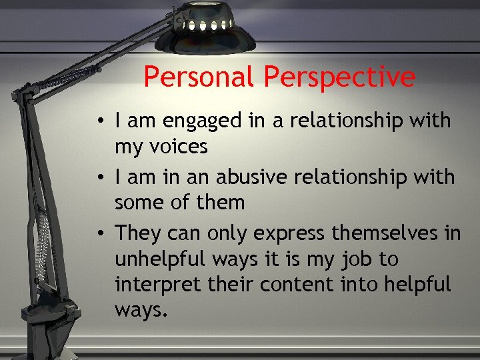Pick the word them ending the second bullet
(x=220, y=202)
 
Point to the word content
(x=293, y=283)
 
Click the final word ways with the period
(x=139, y=309)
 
